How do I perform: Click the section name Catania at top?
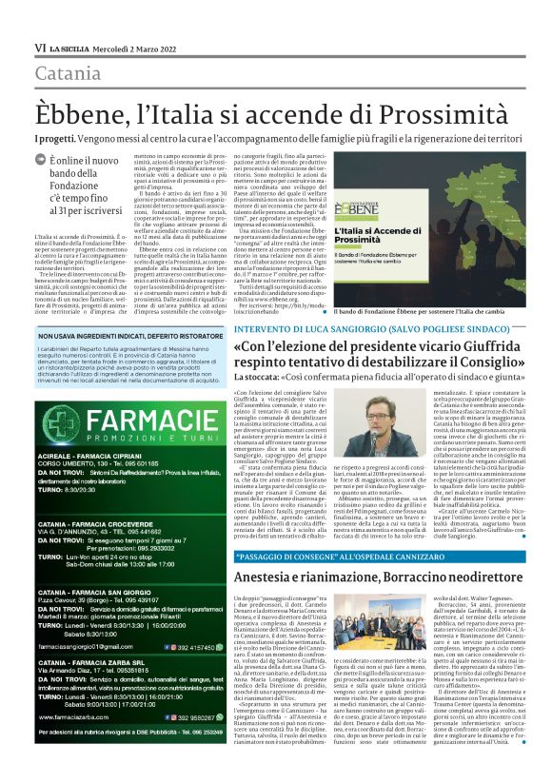tap(68, 72)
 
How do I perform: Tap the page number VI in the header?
tap(40, 47)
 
